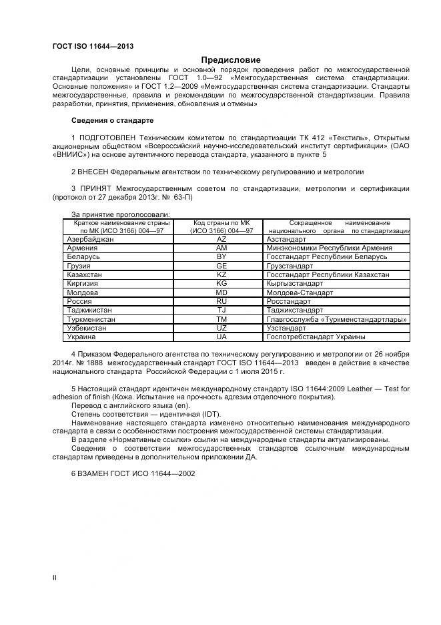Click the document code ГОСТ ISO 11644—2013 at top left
click(x=93, y=46)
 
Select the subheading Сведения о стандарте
click(x=112, y=120)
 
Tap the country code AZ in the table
click(x=222, y=238)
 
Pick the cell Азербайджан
click(x=91, y=238)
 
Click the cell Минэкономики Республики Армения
click(x=329, y=248)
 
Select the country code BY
click(x=222, y=256)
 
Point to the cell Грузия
click(x=79, y=266)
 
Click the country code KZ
click(x=222, y=274)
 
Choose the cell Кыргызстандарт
click(x=298, y=284)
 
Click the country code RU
click(x=222, y=301)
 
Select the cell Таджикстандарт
click(x=297, y=310)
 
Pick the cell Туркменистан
click(x=91, y=320)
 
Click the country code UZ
click(x=222, y=329)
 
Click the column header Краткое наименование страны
click(x=117, y=222)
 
